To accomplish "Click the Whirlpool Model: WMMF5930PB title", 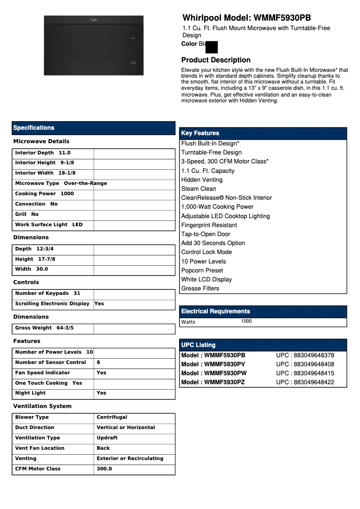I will pyautogui.click(x=246, y=18).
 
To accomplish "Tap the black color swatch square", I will pyautogui.click(x=211, y=47).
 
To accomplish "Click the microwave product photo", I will pyautogui.click(x=93, y=45).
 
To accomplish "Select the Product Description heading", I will pyautogui.click(x=215, y=60).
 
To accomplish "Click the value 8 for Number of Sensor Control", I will pyautogui.click(x=98, y=363).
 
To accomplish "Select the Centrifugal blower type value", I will pyautogui.click(x=112, y=417).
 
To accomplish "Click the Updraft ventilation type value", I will pyautogui.click(x=107, y=438).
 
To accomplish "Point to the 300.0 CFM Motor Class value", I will pyautogui.click(x=104, y=469).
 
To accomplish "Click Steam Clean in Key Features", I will pyautogui.click(x=198, y=189).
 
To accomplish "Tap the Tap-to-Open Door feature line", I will pyautogui.click(x=206, y=234).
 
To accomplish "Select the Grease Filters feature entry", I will pyautogui.click(x=200, y=289).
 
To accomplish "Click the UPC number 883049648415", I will pyautogui.click(x=305, y=373).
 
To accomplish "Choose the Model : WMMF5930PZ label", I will pyautogui.click(x=213, y=382).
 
